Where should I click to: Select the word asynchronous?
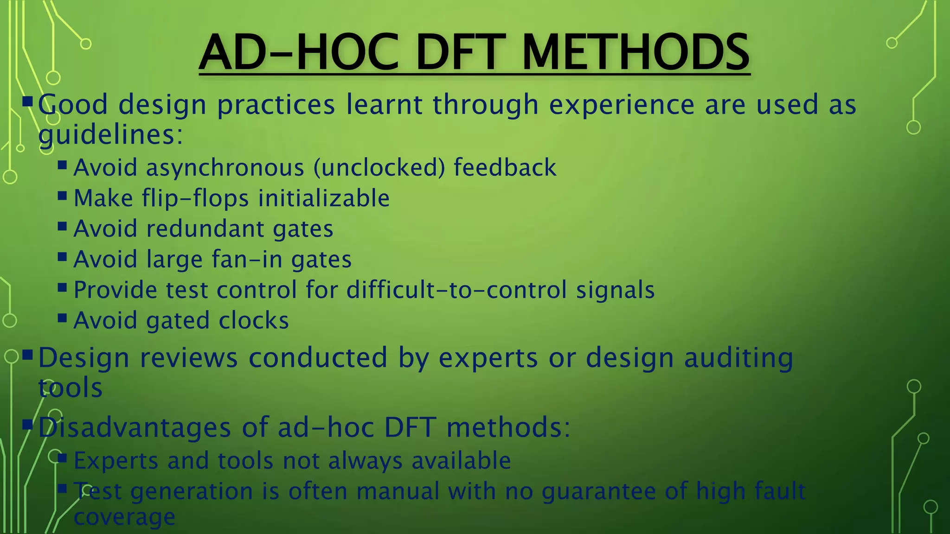pos(225,168)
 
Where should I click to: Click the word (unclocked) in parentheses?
pos(379,168)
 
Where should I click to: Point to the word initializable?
pos(324,198)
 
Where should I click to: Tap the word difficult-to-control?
pos(456,290)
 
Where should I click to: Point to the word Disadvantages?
pos(135,427)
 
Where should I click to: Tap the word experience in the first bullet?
pos(622,105)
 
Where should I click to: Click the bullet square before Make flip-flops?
pos(63,196)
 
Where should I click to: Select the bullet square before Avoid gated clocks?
pos(63,318)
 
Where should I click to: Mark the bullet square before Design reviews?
pos(27,356)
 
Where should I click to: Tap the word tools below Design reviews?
pos(70,388)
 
